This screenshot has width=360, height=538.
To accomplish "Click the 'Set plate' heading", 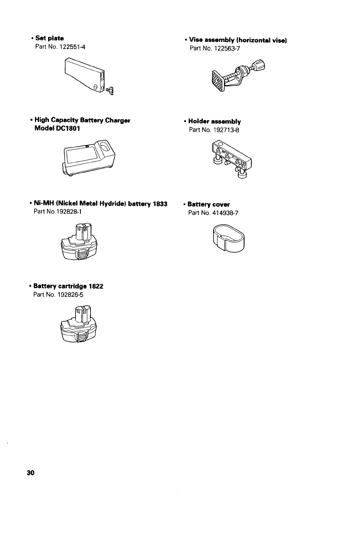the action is click(x=49, y=39).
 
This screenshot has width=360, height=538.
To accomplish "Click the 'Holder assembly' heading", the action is click(x=214, y=122).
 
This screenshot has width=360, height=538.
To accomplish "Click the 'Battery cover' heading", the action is click(x=209, y=205).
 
